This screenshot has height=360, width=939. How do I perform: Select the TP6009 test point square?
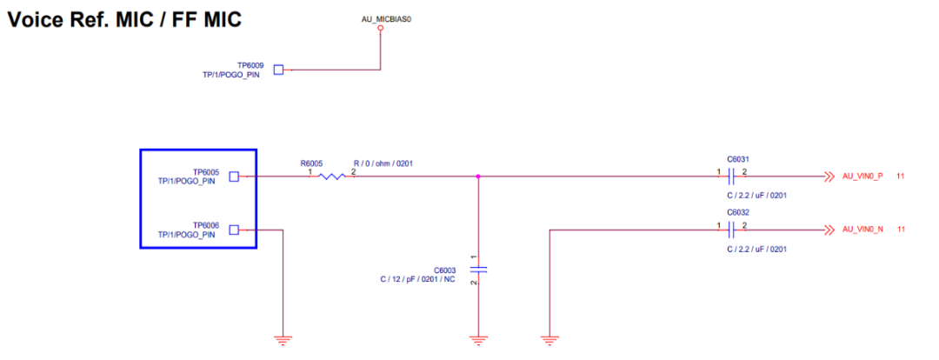coord(279,70)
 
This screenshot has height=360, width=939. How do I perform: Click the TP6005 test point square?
coord(233,177)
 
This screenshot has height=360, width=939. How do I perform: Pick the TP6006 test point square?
coord(233,230)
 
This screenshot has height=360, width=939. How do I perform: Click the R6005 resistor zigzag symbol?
coord(330,177)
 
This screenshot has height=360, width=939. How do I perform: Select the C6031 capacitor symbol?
coord(732,177)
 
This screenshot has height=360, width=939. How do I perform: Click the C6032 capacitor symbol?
coord(732,230)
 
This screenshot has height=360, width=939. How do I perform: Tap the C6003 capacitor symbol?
coord(478,270)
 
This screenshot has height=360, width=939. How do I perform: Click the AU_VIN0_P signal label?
coord(862,177)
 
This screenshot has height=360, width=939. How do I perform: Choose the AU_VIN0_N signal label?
coord(862,230)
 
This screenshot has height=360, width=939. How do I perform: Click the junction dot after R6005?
coord(478,177)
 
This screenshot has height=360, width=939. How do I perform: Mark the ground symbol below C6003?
coord(478,340)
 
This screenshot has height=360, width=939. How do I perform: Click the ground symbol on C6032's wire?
coord(549,340)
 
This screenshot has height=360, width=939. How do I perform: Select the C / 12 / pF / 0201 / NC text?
coord(417,279)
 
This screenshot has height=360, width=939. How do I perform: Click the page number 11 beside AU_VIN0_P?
coord(901,177)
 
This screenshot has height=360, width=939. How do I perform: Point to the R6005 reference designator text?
coord(311,163)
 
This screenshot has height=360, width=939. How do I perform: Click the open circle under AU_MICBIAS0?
coord(380,29)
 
